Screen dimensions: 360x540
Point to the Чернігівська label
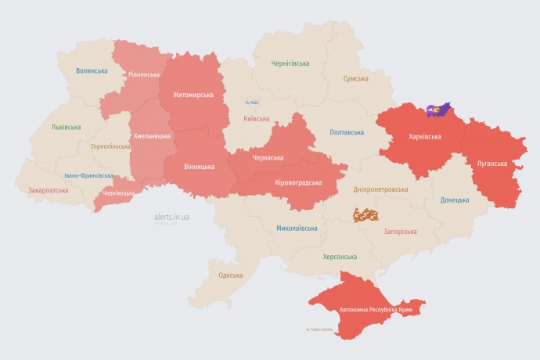pos(290,63)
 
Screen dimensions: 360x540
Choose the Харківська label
pos(425,136)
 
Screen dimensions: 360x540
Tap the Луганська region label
pos(491,164)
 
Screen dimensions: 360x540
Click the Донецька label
pos(455,200)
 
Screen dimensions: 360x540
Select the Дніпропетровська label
pos(381,189)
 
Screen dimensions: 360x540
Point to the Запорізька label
pos(400,232)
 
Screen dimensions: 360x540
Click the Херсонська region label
pos(340,257)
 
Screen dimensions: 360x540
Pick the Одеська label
pos(230,275)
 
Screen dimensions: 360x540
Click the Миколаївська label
pos(297,229)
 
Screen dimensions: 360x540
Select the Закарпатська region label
pos(47,190)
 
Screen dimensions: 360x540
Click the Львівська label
pos(66,127)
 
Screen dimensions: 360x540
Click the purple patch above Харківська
pos(439,110)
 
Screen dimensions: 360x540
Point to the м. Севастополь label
pos(320,329)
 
